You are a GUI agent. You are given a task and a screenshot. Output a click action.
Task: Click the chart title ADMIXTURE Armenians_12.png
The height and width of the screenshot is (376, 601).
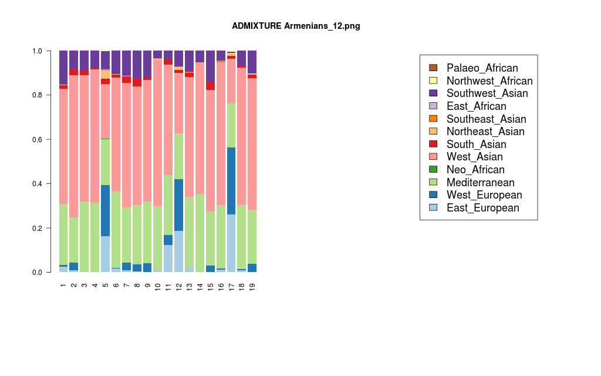(300, 26)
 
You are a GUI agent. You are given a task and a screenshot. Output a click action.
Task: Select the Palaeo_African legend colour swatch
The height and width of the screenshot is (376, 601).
(433, 68)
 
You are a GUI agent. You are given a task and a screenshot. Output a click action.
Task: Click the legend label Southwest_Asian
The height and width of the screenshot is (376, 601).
(487, 93)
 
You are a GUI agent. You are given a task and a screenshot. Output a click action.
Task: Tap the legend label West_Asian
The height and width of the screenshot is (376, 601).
(475, 157)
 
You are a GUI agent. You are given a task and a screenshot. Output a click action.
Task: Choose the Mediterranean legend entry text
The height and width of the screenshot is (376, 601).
(481, 183)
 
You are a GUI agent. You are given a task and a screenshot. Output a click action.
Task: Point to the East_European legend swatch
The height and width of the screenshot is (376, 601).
(433, 208)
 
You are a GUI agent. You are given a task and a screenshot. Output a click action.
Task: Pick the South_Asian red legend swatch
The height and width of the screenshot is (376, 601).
(433, 145)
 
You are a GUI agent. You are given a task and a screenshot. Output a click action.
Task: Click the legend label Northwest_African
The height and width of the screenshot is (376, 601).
(489, 81)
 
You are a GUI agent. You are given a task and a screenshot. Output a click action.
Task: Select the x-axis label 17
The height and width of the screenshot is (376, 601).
(231, 286)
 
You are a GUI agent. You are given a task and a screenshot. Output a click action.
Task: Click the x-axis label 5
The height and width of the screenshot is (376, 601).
(106, 286)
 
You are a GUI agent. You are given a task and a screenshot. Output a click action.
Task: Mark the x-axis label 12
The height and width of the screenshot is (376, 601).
(179, 286)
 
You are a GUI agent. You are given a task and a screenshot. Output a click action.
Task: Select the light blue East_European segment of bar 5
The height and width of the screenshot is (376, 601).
(106, 254)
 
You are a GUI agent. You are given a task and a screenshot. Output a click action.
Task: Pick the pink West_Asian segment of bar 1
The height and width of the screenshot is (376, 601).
(63, 146)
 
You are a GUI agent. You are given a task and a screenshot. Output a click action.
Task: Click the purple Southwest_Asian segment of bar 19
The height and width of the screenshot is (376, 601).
(252, 62)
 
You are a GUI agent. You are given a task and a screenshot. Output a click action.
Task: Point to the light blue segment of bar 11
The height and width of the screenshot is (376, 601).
(168, 258)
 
